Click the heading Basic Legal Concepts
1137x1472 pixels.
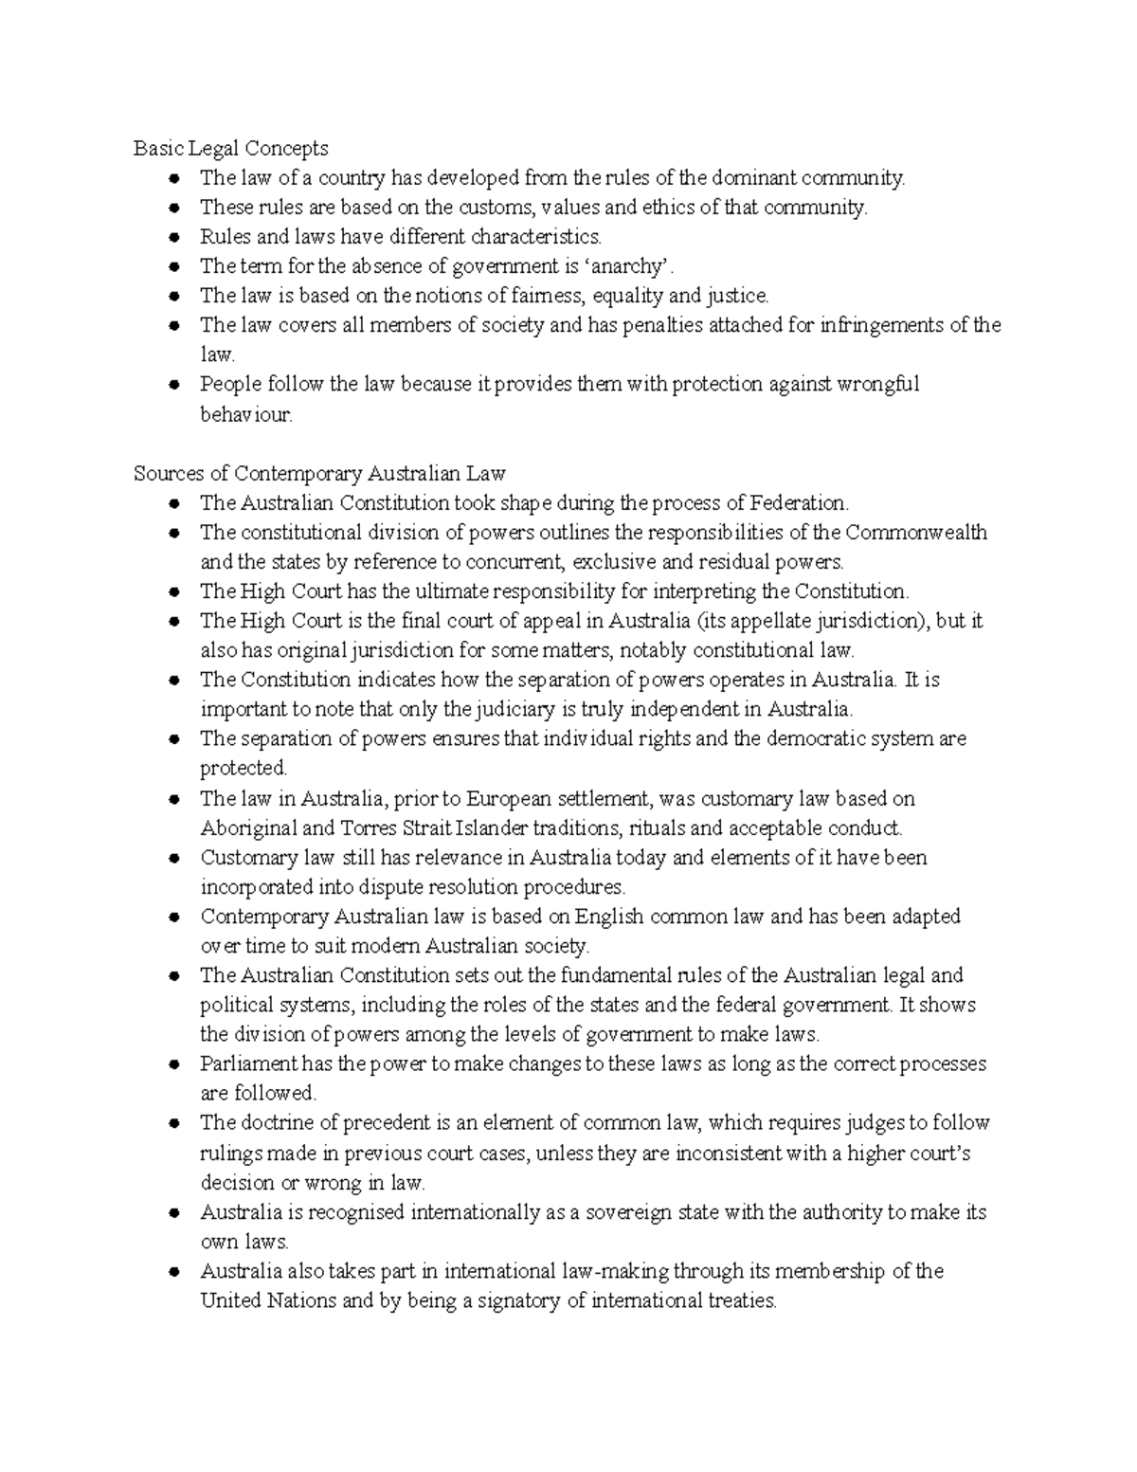pos(230,148)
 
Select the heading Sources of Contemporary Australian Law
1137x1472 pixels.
pos(319,473)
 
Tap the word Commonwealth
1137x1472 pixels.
pos(915,532)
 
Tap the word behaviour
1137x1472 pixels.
pos(245,414)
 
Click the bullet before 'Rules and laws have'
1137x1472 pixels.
pos(173,237)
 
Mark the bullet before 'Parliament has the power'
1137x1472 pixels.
pos(173,1064)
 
